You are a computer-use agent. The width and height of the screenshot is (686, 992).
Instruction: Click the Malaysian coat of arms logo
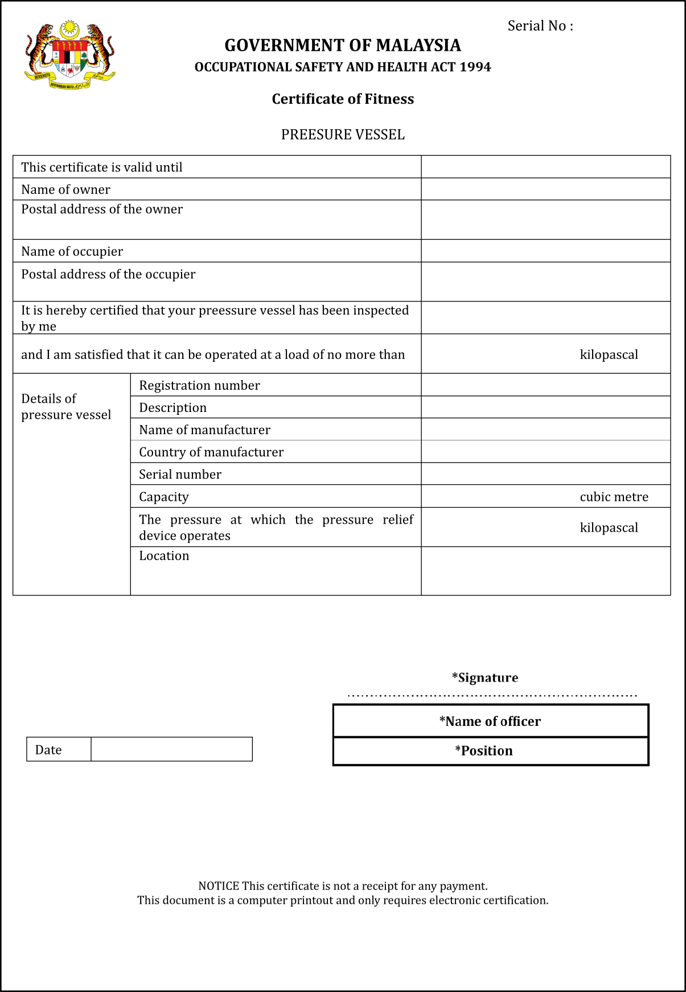point(70,55)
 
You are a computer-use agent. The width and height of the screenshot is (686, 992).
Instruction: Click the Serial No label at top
point(540,26)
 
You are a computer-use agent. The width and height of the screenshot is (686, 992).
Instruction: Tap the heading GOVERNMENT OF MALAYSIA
point(343,46)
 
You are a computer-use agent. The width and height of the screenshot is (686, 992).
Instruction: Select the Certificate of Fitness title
point(343,99)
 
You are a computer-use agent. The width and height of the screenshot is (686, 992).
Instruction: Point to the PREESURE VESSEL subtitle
point(343,135)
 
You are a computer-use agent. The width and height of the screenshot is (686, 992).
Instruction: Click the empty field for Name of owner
point(545,189)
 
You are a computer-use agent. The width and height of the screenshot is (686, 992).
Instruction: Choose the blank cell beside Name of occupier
point(545,251)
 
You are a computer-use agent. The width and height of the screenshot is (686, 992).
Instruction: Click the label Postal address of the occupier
point(108,275)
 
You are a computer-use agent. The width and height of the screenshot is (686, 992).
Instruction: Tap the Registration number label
point(199,386)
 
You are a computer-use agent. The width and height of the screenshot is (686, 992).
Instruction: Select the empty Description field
point(545,407)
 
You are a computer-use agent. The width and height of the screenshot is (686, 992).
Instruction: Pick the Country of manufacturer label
point(211,452)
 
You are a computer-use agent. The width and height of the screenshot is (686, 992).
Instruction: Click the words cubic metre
point(614,497)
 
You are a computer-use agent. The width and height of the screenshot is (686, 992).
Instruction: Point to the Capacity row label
point(164,497)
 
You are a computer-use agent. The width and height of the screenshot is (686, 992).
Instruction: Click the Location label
point(164,556)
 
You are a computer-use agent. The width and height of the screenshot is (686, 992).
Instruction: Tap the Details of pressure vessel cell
point(66,407)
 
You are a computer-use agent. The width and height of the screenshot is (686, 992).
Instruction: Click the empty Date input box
point(171,749)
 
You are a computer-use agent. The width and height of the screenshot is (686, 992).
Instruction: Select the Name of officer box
point(490,721)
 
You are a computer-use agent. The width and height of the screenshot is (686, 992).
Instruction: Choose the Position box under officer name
point(490,751)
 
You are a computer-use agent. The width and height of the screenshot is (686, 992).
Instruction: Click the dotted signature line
point(492,696)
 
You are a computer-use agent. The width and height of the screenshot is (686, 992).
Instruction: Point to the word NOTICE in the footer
point(219,886)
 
